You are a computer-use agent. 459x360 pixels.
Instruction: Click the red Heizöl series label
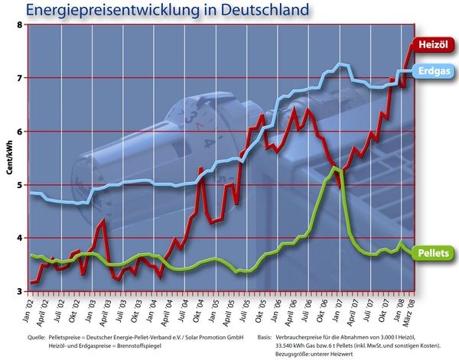coord(434,45)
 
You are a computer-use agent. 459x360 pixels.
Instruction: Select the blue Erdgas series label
coord(435,71)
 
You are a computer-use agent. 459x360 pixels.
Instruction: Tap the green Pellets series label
coord(433,253)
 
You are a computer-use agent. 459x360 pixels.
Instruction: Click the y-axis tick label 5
coord(21,184)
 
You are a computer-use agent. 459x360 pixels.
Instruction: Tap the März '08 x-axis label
coord(412,309)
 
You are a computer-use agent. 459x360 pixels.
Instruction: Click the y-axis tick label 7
coord(21,77)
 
